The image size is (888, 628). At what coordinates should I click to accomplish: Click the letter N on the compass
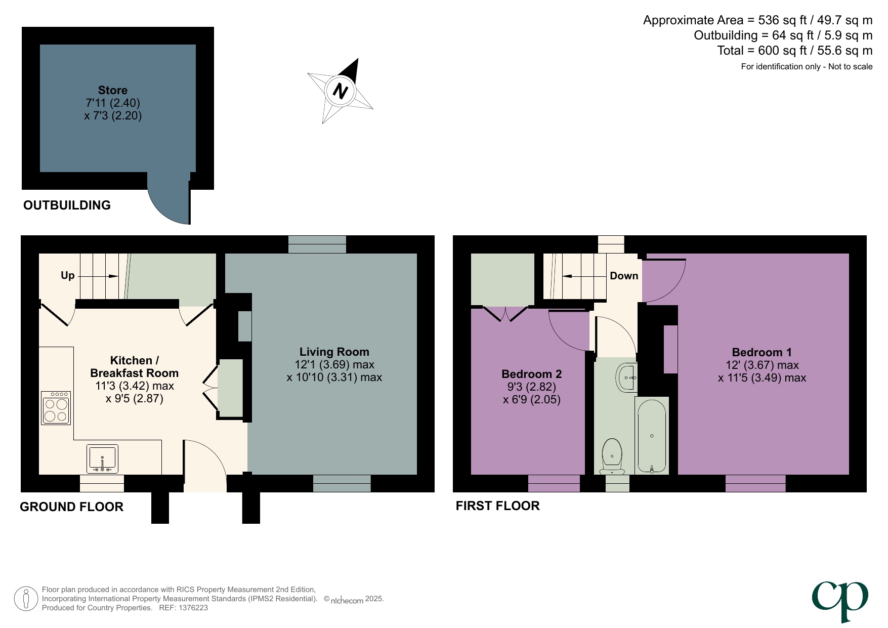coord(340,91)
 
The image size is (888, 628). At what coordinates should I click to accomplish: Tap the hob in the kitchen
coord(56,408)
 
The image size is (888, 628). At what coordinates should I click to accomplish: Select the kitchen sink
coord(102,458)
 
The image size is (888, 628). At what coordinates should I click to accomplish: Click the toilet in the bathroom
coord(612,455)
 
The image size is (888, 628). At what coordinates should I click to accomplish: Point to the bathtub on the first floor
coord(652,435)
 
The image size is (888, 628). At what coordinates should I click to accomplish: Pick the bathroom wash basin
coord(627,378)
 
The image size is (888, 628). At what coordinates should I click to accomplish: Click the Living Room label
coord(334,352)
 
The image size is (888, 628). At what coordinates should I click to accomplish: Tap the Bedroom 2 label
coord(531,374)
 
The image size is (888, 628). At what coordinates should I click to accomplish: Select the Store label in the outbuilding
coord(112,90)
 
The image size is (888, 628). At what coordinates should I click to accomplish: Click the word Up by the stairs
coord(67,275)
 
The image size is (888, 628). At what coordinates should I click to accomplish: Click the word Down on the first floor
coord(623,276)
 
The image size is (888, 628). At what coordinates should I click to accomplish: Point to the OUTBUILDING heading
coord(67,205)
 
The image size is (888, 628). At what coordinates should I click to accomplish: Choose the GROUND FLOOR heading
coord(71,507)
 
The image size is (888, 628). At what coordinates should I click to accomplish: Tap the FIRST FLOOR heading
coord(497,506)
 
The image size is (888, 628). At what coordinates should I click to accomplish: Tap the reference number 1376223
coord(193,608)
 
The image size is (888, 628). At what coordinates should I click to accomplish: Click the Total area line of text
coord(794,51)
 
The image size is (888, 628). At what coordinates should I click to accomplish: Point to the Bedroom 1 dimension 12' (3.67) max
coord(762,365)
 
